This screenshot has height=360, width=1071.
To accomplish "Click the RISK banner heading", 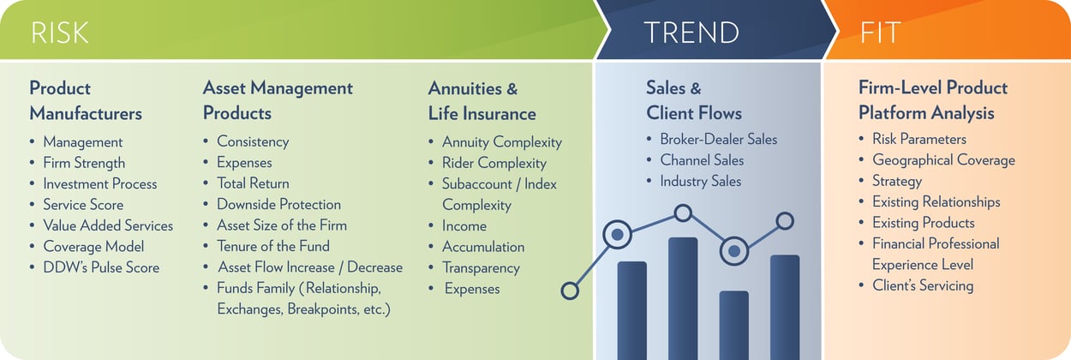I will click(x=60, y=33).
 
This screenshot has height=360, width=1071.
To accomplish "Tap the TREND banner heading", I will click(x=691, y=33).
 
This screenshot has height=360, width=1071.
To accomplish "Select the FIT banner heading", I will click(x=880, y=33).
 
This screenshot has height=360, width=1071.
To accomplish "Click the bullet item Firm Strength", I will click(x=84, y=163).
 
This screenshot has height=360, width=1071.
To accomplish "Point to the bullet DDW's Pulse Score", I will click(x=101, y=267).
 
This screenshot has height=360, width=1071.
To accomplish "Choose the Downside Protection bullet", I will click(x=278, y=204).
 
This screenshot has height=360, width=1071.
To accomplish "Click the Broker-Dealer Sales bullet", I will click(x=718, y=139).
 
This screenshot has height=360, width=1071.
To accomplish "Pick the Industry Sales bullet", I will click(x=700, y=181).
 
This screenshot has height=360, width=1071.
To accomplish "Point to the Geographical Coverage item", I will click(x=943, y=160).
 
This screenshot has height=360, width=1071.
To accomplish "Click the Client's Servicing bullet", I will click(x=922, y=285).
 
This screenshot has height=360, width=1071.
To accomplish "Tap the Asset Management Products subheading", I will click(x=278, y=100).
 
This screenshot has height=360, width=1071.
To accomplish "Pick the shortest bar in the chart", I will click(x=733, y=325).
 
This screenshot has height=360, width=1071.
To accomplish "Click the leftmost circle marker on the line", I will click(x=570, y=291).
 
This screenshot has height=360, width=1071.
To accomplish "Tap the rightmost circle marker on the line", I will click(x=785, y=221).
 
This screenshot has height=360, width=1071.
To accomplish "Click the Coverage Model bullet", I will click(x=94, y=246).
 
